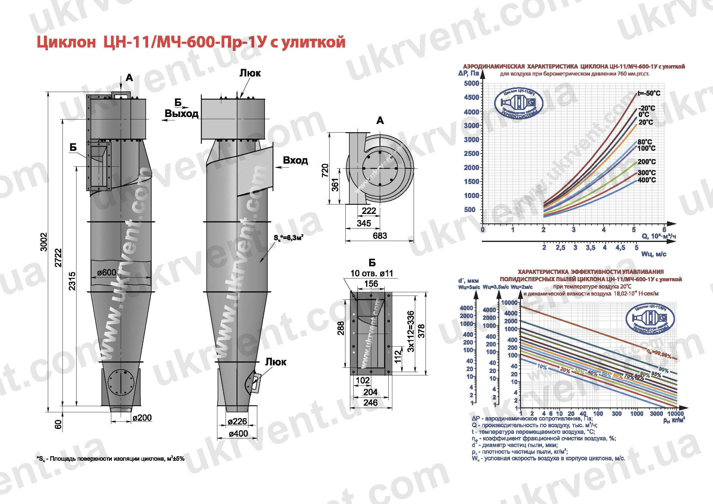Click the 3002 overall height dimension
45,242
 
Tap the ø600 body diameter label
106,272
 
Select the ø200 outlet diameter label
142,418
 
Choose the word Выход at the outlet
181,114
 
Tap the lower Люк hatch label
276,362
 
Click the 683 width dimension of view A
380,236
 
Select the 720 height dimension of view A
325,170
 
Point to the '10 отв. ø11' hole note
371,273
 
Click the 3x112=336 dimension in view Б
410,331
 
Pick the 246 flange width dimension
370,403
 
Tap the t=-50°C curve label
649,94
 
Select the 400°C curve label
647,180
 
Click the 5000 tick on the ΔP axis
471,83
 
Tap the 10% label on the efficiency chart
542,367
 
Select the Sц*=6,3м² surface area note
288,238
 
